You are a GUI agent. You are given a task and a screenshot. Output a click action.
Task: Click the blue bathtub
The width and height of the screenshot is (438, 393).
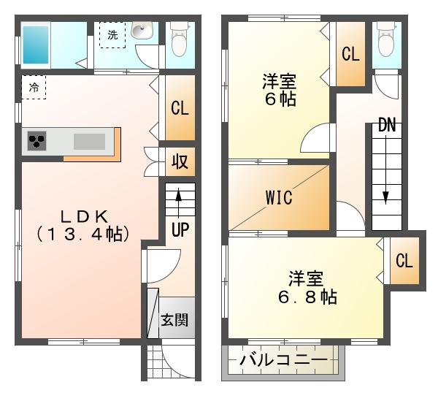click(x=36, y=45)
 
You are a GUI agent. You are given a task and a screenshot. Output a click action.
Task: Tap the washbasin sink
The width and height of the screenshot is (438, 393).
click(x=142, y=31)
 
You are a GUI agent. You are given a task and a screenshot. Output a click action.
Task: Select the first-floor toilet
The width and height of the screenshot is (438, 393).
click(x=180, y=39)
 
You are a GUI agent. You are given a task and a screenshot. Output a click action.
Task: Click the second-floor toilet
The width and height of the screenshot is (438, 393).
click(x=387, y=39)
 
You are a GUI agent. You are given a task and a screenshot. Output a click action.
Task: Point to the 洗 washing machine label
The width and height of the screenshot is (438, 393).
click(x=113, y=35)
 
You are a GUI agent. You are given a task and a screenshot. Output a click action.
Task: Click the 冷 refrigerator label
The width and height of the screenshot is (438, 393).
click(x=34, y=88)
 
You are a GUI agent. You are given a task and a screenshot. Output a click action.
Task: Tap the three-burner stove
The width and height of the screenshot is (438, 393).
click(x=37, y=140)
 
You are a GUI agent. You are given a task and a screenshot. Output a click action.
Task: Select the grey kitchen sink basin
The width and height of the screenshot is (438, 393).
click(x=89, y=142)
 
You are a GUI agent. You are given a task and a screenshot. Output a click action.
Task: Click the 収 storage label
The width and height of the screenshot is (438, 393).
click(x=180, y=161)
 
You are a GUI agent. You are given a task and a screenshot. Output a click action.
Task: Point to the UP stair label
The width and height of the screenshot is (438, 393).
click(x=180, y=230)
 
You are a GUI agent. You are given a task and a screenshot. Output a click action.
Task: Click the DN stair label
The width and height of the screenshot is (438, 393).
click(x=387, y=125)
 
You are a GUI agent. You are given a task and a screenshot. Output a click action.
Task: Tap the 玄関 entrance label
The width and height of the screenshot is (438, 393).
click(x=174, y=320)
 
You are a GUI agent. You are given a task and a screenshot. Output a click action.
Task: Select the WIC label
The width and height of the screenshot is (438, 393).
click(x=279, y=198)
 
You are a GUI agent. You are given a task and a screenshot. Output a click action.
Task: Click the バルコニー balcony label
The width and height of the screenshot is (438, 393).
click(x=283, y=359)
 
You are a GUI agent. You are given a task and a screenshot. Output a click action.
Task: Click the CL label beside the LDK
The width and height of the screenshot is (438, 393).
click(x=180, y=108)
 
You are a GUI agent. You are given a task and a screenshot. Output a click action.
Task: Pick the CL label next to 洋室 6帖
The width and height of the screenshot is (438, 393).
click(x=350, y=54)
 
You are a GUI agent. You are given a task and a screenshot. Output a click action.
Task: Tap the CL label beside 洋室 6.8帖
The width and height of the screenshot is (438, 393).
click(x=404, y=261)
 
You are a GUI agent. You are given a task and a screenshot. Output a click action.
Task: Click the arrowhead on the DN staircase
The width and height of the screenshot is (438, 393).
click(x=385, y=198)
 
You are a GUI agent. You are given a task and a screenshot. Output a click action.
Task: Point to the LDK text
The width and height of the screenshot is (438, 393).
click(x=85, y=217)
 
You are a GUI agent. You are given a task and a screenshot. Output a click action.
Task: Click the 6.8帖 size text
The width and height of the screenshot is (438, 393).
click(x=307, y=297)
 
